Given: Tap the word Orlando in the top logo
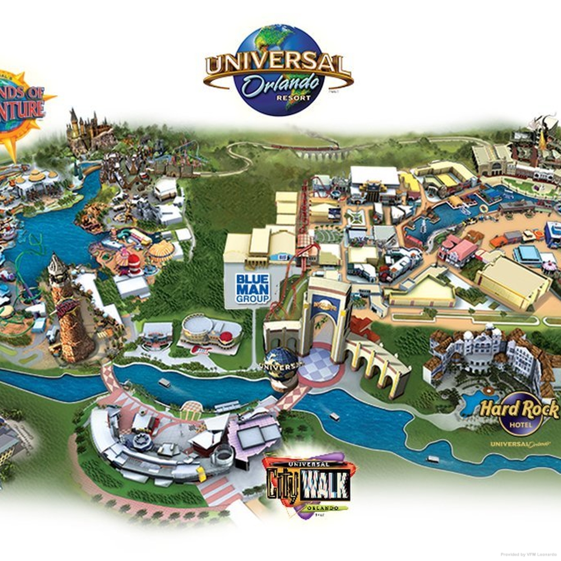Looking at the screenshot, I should tap(281, 84).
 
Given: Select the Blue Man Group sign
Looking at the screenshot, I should tap(252, 288).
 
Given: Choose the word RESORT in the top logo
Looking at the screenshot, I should tap(294, 98).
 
